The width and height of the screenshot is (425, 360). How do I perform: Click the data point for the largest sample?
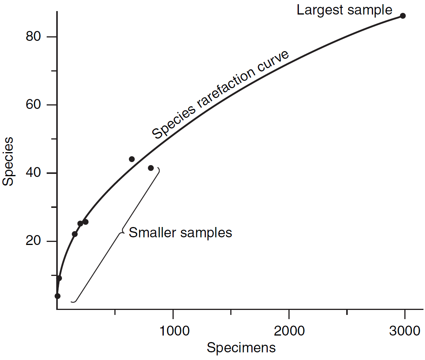pyautogui.click(x=403, y=16)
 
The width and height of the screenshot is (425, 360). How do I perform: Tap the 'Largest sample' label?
pyautogui.click(x=344, y=10)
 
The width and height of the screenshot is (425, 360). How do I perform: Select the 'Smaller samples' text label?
pyautogui.click(x=181, y=232)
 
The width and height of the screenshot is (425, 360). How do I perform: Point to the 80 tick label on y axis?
pyautogui.click(x=34, y=37)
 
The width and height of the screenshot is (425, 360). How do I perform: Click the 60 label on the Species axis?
pyautogui.click(x=34, y=105)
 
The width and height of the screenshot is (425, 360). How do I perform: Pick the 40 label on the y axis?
pyautogui.click(x=34, y=173)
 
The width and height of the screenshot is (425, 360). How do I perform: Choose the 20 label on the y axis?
pyautogui.click(x=34, y=242)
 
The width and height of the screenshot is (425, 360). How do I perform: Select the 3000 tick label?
pyautogui.click(x=405, y=331)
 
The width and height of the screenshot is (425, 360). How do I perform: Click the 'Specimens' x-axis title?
pyautogui.click(x=241, y=348)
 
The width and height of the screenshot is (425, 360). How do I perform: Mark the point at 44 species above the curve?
pyautogui.click(x=132, y=159)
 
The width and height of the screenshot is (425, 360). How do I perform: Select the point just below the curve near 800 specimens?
pyautogui.click(x=151, y=168)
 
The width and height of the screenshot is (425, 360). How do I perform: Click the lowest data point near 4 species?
pyautogui.click(x=57, y=296)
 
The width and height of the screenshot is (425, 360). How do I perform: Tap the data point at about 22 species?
pyautogui.click(x=75, y=234)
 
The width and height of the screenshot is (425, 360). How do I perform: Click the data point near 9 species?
pyautogui.click(x=59, y=278)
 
